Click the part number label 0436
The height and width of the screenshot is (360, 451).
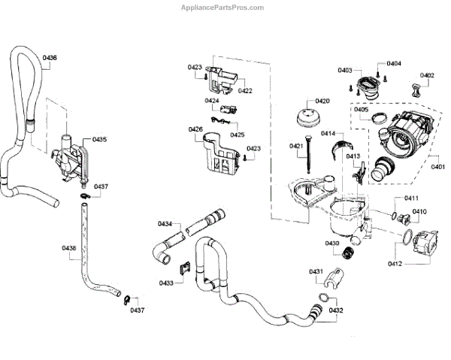pyautogui.click(x=50, y=58)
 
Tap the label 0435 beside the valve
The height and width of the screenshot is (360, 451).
pyautogui.click(x=100, y=139)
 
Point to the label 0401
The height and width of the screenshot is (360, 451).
pyautogui.click(x=437, y=168)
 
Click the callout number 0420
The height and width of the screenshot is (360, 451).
pyautogui.click(x=322, y=101)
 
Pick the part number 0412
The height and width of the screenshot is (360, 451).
pyautogui.click(x=395, y=263)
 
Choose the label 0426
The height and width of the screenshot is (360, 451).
pyautogui.click(x=195, y=129)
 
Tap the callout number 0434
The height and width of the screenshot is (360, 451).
pyautogui.click(x=165, y=224)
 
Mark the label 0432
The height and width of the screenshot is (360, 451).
pyautogui.click(x=336, y=310)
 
